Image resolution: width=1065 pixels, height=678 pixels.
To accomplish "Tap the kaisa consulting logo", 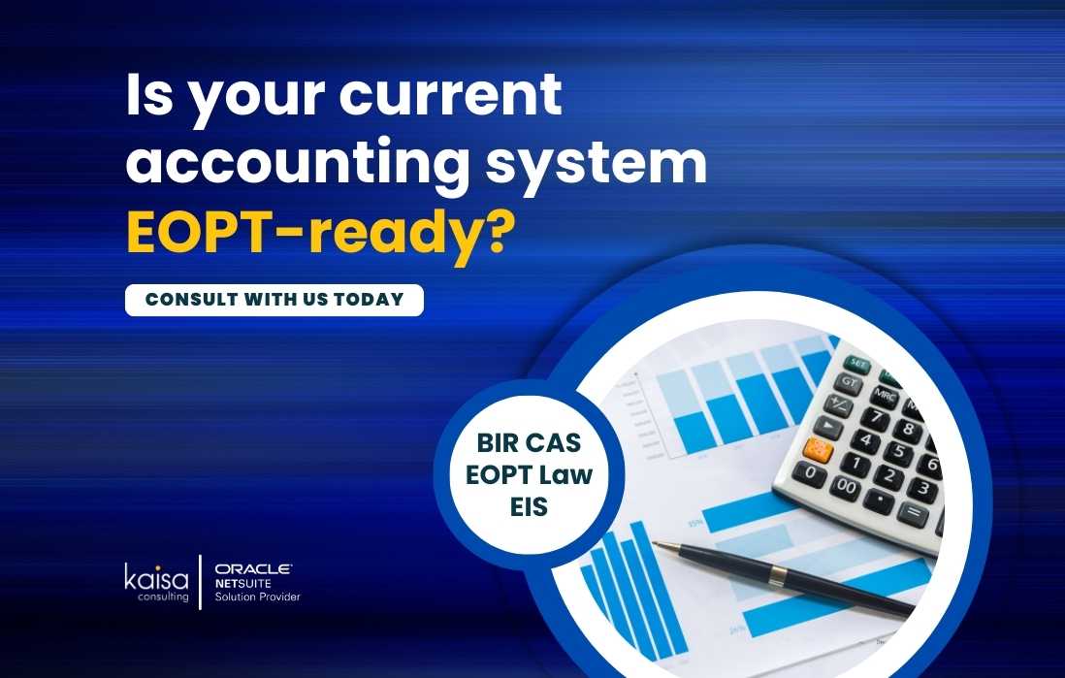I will pyautogui.click(x=156, y=582).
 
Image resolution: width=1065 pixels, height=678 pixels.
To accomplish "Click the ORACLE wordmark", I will pyautogui.click(x=253, y=568).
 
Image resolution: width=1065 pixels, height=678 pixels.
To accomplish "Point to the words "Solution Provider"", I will pyautogui.click(x=257, y=597).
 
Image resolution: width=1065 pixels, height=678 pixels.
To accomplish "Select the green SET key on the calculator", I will pyautogui.click(x=857, y=364).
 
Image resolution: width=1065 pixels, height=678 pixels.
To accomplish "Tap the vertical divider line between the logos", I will pyautogui.click(x=201, y=582).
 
